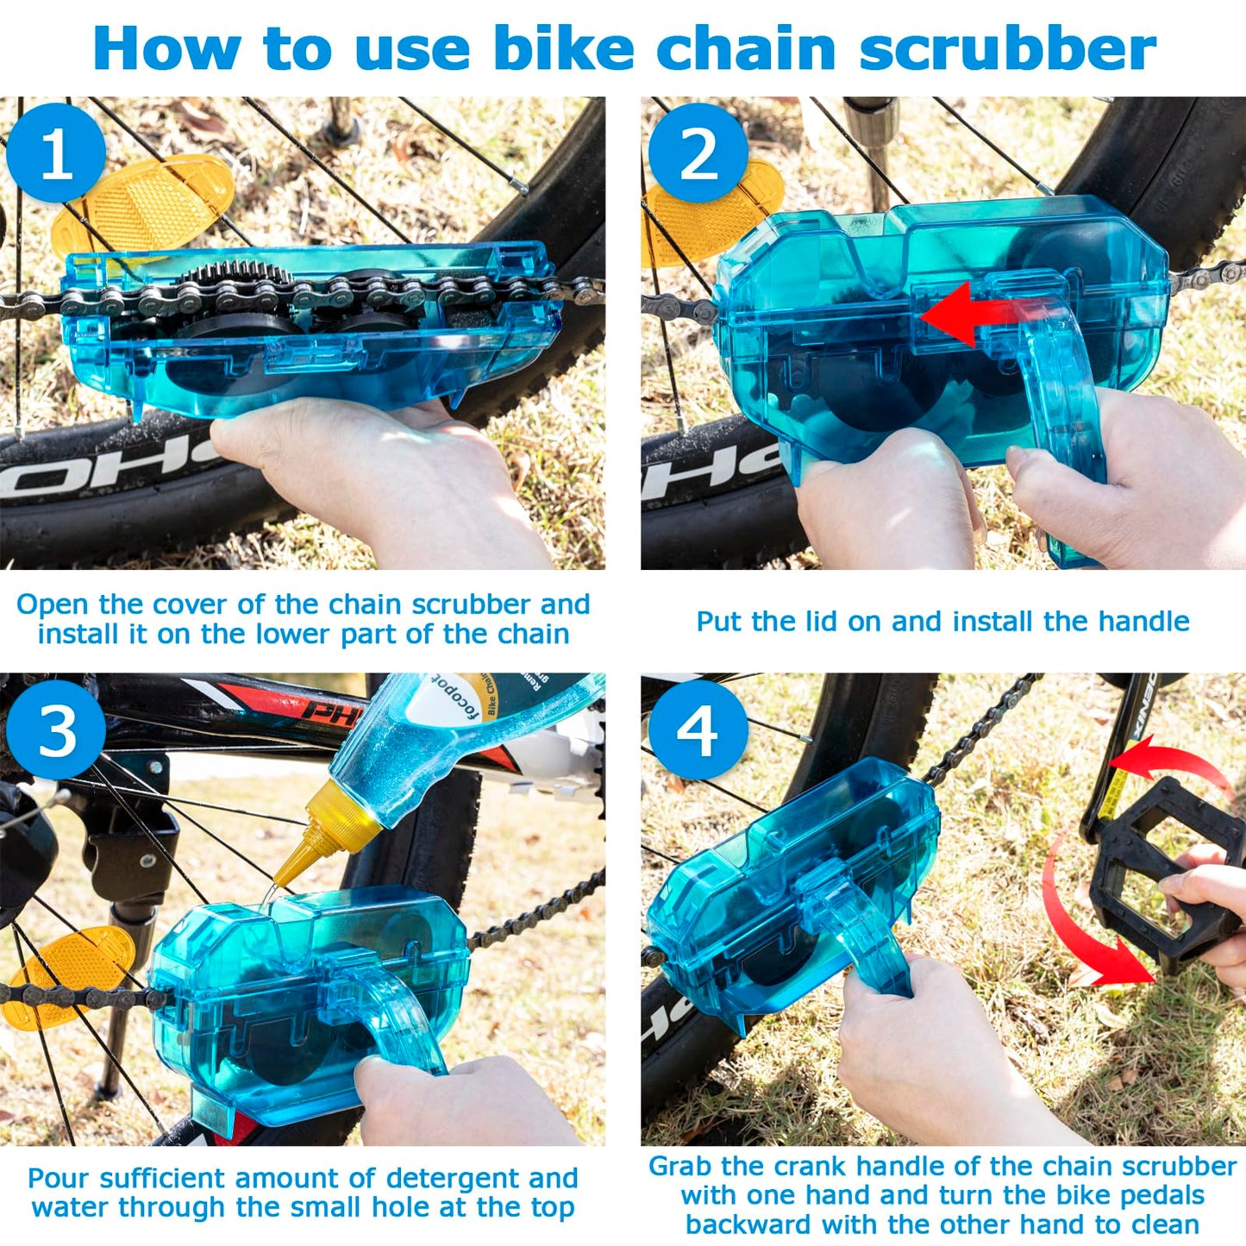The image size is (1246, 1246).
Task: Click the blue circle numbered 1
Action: (x=56, y=153)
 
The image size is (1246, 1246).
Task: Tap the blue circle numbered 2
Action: (x=698, y=153)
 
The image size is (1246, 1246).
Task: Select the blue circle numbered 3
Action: (x=56, y=730)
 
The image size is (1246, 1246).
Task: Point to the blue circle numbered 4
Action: (x=698, y=730)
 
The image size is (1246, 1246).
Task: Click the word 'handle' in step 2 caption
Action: (x=1147, y=622)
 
